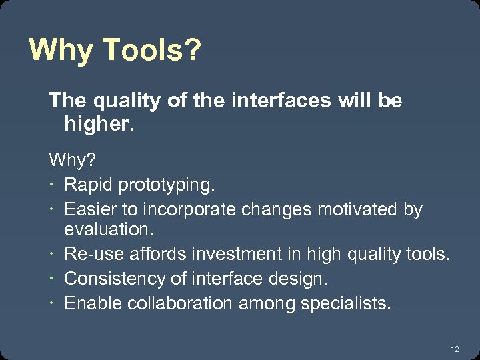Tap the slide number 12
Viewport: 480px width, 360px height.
(455, 349)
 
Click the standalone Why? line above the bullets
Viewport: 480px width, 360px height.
(71, 160)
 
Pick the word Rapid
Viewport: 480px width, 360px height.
(85, 183)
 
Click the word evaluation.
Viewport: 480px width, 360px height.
(109, 230)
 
